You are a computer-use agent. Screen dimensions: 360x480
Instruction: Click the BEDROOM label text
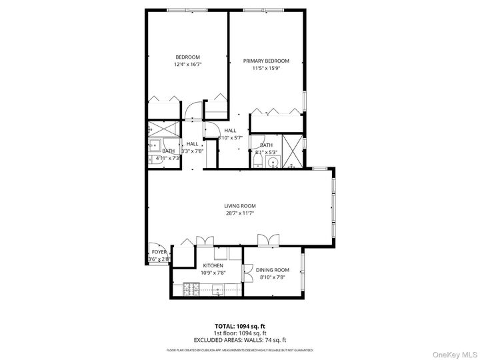coord(187,57)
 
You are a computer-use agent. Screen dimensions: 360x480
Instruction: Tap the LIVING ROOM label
coord(239,206)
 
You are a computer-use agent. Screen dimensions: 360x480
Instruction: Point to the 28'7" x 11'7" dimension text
coord(239,213)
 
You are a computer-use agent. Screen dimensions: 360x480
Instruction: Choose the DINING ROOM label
coord(273,269)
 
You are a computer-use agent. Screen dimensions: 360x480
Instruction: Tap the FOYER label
coord(159,252)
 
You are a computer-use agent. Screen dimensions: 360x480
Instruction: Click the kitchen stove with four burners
coord(189,289)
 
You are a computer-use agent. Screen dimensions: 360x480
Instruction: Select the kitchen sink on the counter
coord(217,289)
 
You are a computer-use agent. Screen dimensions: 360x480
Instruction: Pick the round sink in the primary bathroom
coord(272,161)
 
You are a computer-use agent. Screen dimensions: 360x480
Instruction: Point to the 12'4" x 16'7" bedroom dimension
coord(187,65)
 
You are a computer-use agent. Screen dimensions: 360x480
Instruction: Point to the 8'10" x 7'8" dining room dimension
coord(273,277)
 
